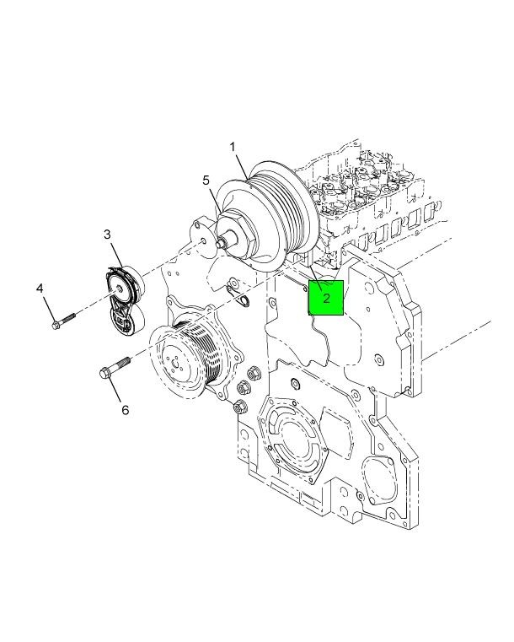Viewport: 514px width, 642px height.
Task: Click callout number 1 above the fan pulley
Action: point(233,147)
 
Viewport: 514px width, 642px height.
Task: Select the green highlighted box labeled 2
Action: point(325,297)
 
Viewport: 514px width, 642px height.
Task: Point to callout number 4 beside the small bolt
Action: point(40,289)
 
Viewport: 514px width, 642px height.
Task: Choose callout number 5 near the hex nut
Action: point(205,180)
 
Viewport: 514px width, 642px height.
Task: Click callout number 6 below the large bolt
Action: point(125,410)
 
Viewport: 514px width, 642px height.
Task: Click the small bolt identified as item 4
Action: point(63,321)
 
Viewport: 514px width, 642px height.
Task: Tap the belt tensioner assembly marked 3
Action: point(125,299)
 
